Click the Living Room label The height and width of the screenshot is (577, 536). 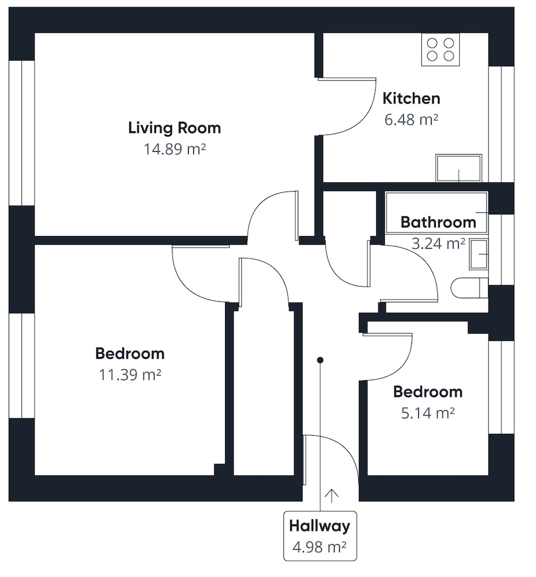click(x=174, y=128)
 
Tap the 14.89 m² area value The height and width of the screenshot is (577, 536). click(x=174, y=149)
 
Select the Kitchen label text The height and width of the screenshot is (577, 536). click(x=411, y=99)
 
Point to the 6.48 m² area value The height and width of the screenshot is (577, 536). click(x=411, y=119)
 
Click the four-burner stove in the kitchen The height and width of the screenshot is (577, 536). click(x=440, y=50)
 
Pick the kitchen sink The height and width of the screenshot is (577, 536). click(x=458, y=168)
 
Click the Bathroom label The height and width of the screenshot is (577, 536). click(x=438, y=222)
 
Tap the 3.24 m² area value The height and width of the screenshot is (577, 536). click(x=438, y=243)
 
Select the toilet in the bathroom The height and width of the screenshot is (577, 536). click(x=470, y=288)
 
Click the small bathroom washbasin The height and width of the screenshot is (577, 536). click(x=479, y=254)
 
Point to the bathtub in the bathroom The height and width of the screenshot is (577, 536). click(x=436, y=212)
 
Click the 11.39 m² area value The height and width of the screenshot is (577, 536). click(x=130, y=375)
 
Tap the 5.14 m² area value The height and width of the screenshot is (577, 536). click(x=428, y=413)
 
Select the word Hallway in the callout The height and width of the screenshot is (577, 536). click(x=319, y=526)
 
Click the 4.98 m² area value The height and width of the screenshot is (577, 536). click(x=319, y=547)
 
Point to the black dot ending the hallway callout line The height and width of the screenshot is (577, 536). click(x=320, y=360)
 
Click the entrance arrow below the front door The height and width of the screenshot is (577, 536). click(x=331, y=496)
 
